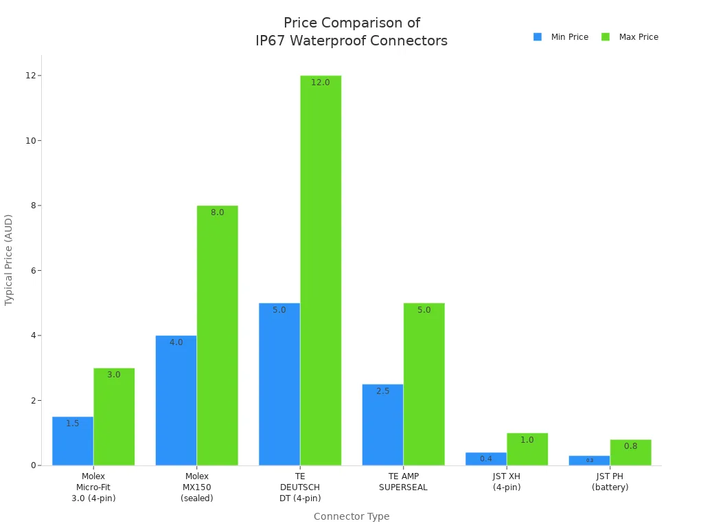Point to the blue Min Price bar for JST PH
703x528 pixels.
[x=589, y=461]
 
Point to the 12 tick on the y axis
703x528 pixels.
[x=30, y=76]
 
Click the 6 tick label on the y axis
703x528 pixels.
[x=32, y=271]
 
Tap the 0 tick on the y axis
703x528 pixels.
[x=32, y=465]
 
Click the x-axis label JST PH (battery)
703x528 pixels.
[x=610, y=482]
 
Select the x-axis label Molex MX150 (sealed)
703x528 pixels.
[x=197, y=487]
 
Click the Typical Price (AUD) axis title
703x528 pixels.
[x=9, y=260]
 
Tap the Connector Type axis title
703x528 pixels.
[x=351, y=516]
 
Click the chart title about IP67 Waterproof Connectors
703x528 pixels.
[x=351, y=32]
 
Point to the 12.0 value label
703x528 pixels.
[x=321, y=82]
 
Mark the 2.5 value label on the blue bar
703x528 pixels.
[x=382, y=391]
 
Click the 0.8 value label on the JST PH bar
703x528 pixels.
[x=630, y=446]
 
